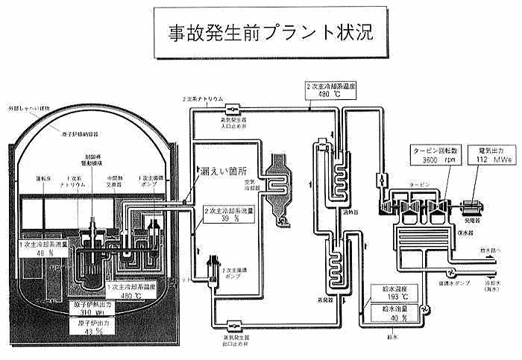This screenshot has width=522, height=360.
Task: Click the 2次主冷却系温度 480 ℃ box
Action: [332, 90]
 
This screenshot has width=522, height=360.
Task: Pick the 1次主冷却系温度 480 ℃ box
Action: [136, 291]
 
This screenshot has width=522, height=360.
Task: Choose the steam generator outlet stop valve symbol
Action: [233, 325]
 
